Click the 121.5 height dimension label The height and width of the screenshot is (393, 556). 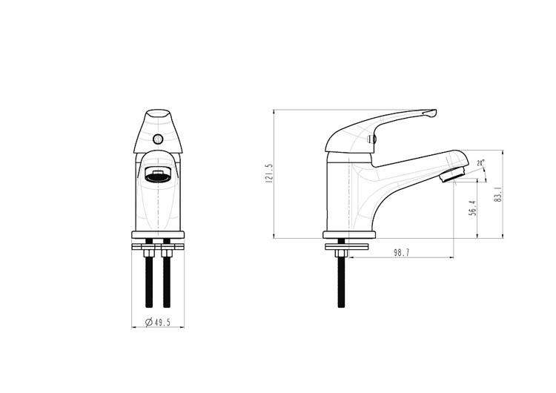269,173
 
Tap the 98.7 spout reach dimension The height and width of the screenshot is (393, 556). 401,253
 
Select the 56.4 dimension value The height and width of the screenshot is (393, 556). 472,208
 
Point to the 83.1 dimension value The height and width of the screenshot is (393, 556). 499,194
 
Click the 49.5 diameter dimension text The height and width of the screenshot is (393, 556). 162,322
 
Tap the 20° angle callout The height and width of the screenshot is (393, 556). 480,163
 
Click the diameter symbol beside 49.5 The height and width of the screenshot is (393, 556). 149,322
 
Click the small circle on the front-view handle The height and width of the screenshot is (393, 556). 158,139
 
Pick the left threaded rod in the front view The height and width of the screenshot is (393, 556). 149,280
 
